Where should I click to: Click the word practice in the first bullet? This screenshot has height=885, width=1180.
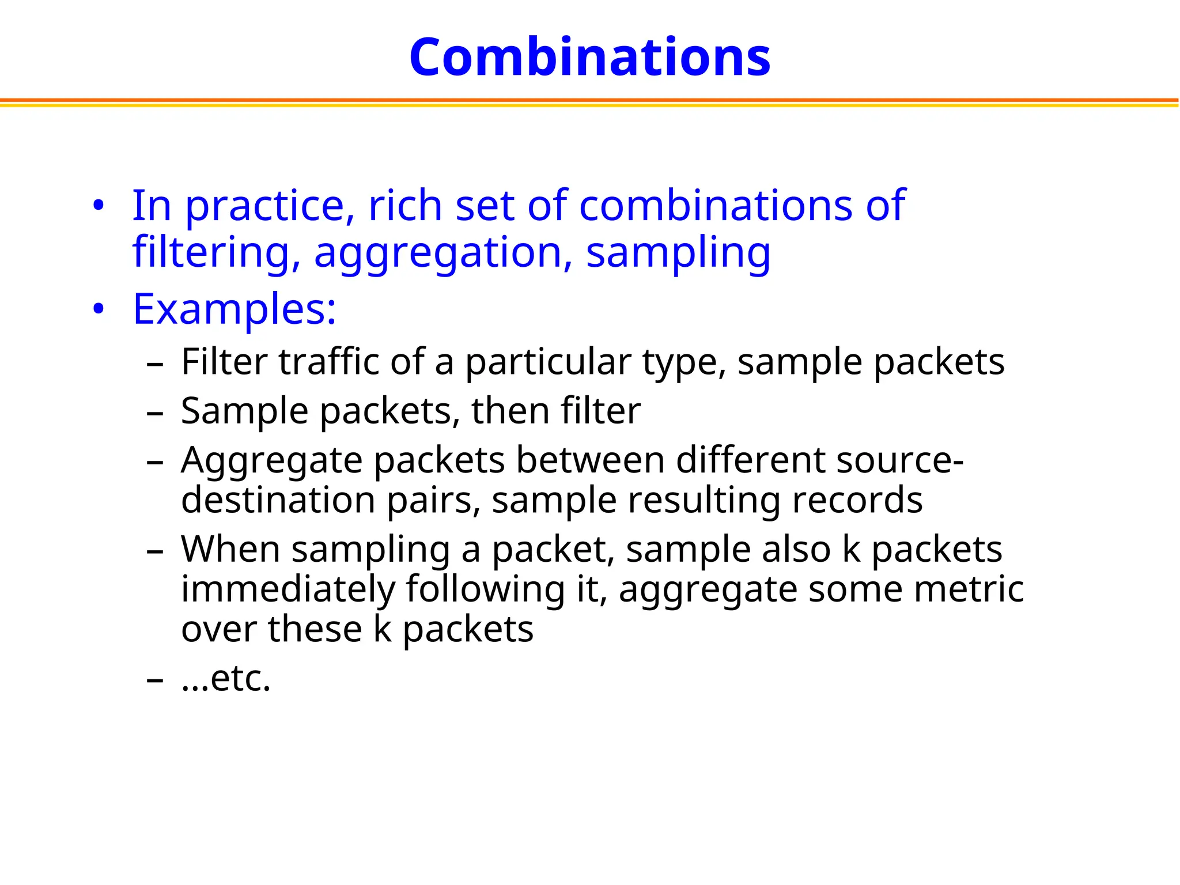pyautogui.click(x=264, y=206)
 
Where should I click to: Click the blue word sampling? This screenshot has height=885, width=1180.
pyautogui.click(x=678, y=254)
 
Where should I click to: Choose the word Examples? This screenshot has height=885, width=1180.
pyautogui.click(x=235, y=310)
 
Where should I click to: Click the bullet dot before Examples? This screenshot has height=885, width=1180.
pyautogui.click(x=99, y=309)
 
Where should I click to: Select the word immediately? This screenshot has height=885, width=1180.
pyautogui.click(x=288, y=589)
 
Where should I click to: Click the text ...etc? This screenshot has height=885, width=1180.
pyautogui.click(x=226, y=678)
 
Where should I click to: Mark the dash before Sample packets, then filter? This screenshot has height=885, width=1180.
pyautogui.click(x=155, y=413)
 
